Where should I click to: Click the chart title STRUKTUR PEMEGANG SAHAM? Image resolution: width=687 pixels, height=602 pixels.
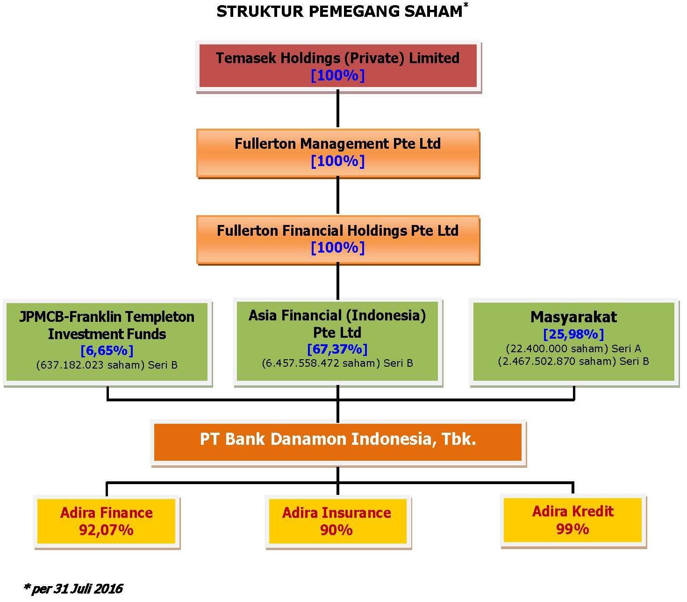point(339,12)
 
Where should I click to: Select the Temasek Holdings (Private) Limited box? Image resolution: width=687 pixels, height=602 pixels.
point(338,66)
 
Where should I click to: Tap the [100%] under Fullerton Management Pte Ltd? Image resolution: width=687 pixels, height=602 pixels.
point(338,161)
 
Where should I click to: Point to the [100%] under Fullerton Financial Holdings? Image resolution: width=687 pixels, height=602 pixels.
point(338,247)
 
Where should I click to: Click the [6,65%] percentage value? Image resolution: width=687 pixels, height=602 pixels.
point(107,350)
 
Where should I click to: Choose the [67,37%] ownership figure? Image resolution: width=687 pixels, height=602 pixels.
point(337,349)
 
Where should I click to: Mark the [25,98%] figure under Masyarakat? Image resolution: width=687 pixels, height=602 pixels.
point(573,334)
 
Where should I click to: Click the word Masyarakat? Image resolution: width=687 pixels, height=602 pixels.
point(573,317)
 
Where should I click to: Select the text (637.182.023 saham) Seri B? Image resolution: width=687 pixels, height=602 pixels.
point(107,365)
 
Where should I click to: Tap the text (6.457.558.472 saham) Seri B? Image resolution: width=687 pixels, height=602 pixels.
point(337,363)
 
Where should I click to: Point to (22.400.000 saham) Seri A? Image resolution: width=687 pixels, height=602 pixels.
point(573,348)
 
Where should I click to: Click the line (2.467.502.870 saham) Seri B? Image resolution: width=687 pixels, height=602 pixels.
point(573,361)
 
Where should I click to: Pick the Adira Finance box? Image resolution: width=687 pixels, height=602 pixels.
point(107,522)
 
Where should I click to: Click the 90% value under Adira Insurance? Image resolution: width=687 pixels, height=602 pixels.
point(336,530)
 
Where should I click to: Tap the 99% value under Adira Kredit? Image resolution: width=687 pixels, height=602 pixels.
point(573,529)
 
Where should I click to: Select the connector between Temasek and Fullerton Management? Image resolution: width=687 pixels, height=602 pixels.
point(338,109)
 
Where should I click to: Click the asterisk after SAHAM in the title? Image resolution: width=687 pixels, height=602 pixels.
point(466,5)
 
